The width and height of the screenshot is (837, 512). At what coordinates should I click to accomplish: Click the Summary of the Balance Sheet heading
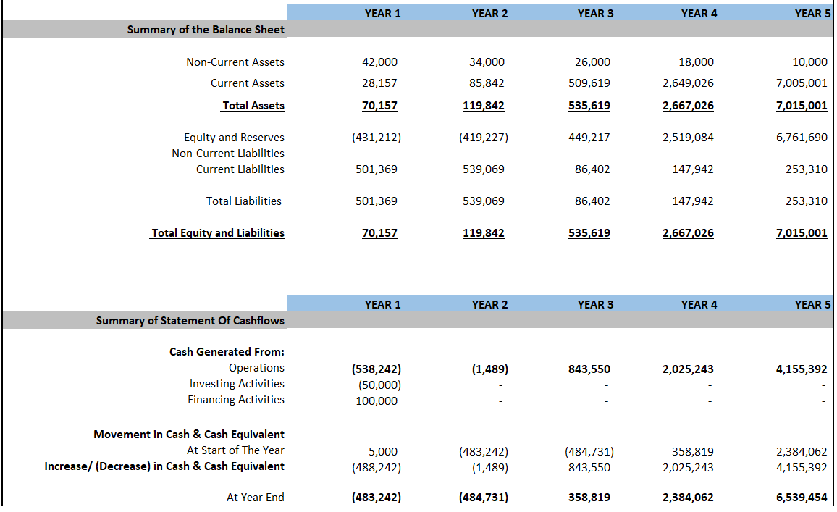pos(206,30)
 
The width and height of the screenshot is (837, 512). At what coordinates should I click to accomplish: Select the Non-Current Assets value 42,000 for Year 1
pos(379,62)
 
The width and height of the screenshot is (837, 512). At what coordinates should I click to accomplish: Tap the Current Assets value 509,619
pos(592,83)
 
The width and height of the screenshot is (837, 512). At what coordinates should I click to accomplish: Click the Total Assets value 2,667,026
pos(687,106)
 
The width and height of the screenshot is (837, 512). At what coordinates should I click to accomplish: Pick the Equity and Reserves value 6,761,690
pos(801,138)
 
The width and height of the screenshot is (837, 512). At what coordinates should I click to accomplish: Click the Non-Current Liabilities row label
pos(228,154)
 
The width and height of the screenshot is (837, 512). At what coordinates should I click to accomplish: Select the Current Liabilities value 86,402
pos(592,169)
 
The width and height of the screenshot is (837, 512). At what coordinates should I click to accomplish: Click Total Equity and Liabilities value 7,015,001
pos(801,233)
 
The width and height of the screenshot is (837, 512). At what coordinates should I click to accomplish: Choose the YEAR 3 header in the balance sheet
pos(595,14)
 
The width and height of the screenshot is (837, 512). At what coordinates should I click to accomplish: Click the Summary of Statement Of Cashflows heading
pos(190,321)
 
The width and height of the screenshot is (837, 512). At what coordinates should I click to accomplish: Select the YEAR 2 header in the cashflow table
pos(489,305)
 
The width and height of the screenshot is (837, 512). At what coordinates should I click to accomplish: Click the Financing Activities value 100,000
pos(376,401)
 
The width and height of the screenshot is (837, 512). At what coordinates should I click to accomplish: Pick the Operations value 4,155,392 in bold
pos(801,369)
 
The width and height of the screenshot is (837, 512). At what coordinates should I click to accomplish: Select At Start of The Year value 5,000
pos(382,452)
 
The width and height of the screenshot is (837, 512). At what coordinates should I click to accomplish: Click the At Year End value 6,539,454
pos(801,498)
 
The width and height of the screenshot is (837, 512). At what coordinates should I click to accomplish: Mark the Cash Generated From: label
pos(227,352)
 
